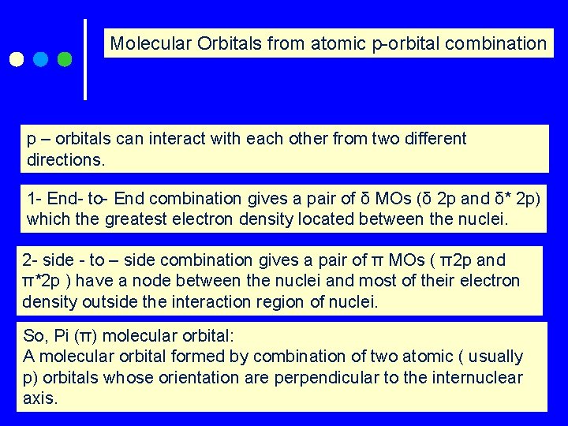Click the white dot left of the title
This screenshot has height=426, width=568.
[16, 59]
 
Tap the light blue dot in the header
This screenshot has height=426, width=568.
[41, 59]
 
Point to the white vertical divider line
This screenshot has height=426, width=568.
[85, 59]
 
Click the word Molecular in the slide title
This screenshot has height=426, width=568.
[148, 43]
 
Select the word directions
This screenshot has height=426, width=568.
[65, 159]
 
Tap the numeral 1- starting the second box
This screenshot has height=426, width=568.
[35, 197]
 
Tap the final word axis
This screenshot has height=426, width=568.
[39, 398]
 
